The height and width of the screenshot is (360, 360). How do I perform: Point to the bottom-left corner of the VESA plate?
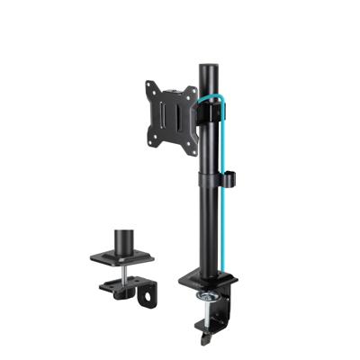click(147, 142)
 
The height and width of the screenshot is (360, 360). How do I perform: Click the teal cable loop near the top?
click(220, 99)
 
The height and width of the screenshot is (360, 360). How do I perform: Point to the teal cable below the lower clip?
click(216, 225)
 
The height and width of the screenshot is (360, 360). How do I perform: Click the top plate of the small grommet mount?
click(121, 258)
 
